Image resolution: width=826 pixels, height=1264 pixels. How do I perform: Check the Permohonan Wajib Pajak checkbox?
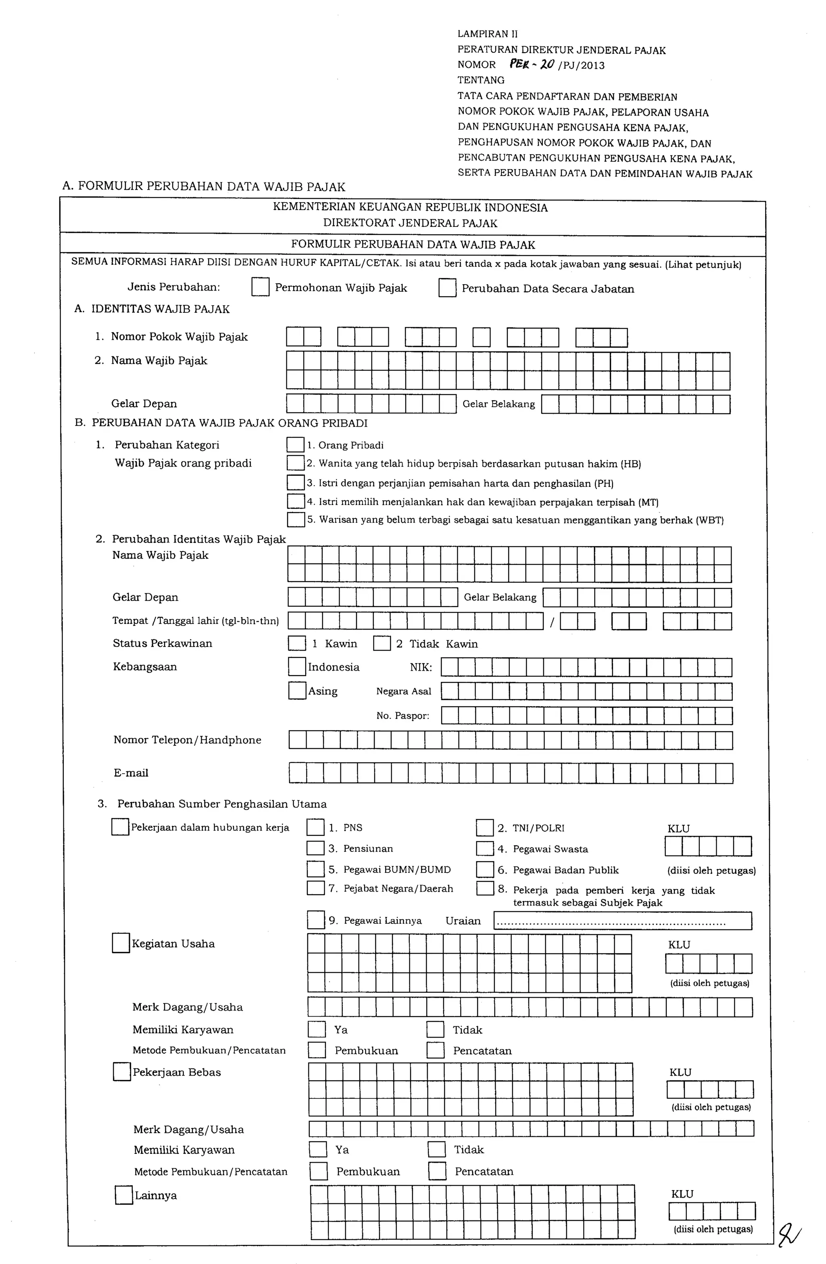[260, 287]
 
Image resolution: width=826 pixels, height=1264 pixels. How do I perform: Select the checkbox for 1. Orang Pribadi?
[295, 444]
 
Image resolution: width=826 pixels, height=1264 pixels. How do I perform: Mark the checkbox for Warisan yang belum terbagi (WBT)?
[296, 519]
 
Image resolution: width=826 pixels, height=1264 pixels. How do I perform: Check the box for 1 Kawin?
[297, 643]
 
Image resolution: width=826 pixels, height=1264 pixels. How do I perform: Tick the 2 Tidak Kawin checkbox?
[382, 643]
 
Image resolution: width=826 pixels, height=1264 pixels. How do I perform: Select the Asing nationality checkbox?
[297, 691]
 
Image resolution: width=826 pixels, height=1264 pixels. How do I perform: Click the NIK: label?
[420, 667]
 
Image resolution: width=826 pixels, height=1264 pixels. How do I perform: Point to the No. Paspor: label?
[403, 716]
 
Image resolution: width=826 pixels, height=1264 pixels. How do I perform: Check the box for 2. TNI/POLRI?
[485, 827]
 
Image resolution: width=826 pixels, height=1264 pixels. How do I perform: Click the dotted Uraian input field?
[622, 921]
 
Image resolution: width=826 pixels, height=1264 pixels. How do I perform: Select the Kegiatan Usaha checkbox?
[121, 943]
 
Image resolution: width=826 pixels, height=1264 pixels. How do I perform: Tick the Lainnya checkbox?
[124, 1195]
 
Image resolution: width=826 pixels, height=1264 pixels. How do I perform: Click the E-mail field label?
[131, 773]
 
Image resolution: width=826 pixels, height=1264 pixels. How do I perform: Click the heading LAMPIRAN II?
[487, 34]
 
